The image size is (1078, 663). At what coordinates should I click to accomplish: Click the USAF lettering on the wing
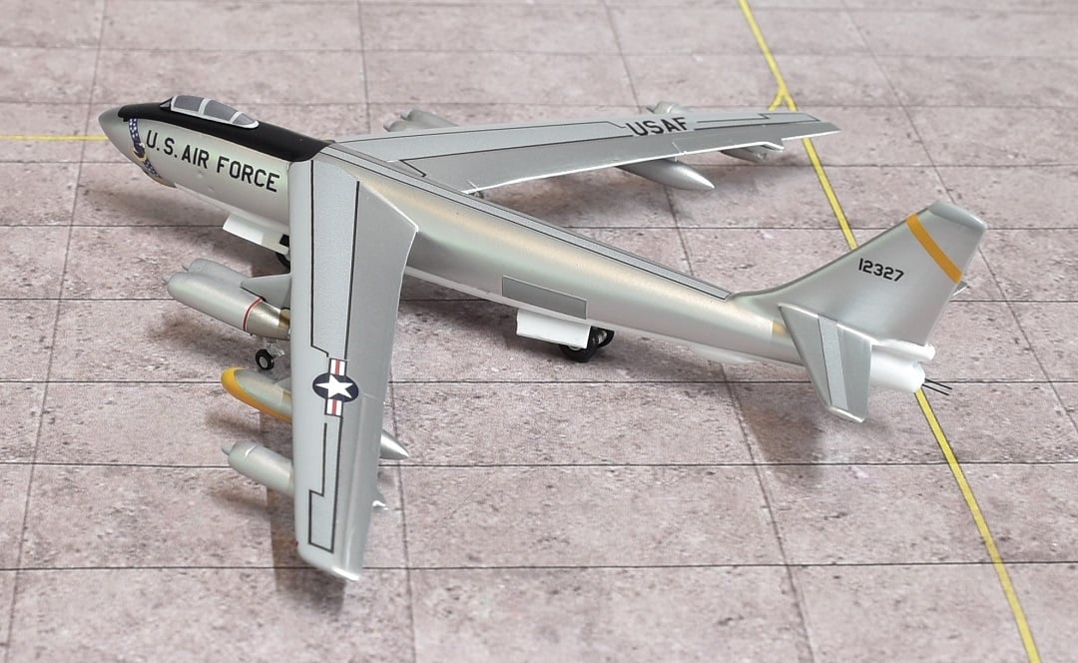(657, 125)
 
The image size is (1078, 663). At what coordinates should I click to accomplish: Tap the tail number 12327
(880, 269)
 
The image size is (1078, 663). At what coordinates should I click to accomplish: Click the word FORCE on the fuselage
(247, 172)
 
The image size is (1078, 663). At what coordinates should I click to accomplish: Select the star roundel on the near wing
(335, 387)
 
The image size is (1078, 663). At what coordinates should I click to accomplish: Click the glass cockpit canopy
(213, 110)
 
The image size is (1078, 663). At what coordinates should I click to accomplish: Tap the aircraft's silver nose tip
(109, 124)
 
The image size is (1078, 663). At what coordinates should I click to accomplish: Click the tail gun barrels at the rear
(936, 387)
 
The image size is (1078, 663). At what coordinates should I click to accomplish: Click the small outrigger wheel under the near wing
(265, 358)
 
